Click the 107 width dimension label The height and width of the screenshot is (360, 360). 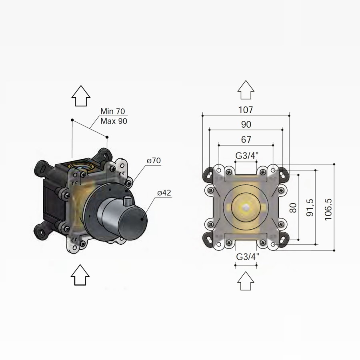tap(246, 109)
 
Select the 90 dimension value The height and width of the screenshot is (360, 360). tap(246, 124)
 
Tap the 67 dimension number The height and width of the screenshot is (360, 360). tap(246, 140)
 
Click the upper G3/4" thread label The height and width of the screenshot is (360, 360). tap(246, 156)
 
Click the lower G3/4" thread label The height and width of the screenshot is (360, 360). tap(246, 257)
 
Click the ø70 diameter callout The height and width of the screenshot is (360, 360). tap(154, 160)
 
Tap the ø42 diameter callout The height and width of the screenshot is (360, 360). tap(164, 193)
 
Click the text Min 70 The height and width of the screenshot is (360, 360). tap(114, 112)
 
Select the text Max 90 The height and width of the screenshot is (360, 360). tap(114, 121)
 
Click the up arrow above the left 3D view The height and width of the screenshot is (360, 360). tap(81, 96)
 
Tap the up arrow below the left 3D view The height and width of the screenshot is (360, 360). tap(81, 276)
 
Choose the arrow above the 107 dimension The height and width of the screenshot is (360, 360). tap(246, 90)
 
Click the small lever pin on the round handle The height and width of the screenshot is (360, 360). tap(127, 201)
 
